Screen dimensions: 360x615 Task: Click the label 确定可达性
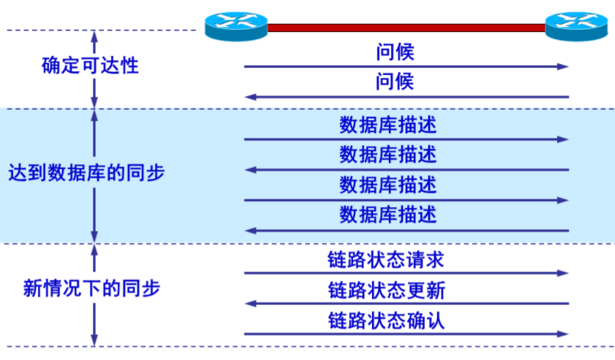(x=90, y=65)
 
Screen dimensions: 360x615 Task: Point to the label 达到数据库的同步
(x=86, y=174)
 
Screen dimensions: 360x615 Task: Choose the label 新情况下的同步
(x=92, y=288)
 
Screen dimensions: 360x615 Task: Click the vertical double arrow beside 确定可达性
(x=95, y=68)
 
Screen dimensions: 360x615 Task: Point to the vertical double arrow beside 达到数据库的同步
(x=95, y=176)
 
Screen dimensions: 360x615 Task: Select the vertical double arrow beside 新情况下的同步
(x=95, y=295)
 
